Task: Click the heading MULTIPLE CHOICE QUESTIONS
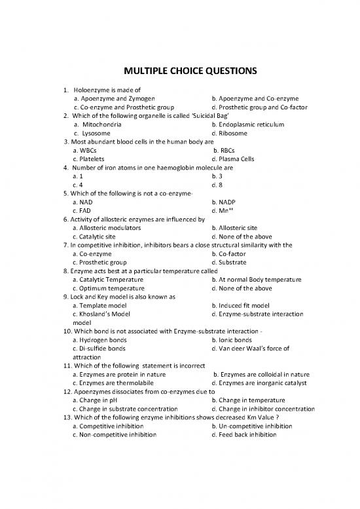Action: pyautogui.click(x=180, y=71)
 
